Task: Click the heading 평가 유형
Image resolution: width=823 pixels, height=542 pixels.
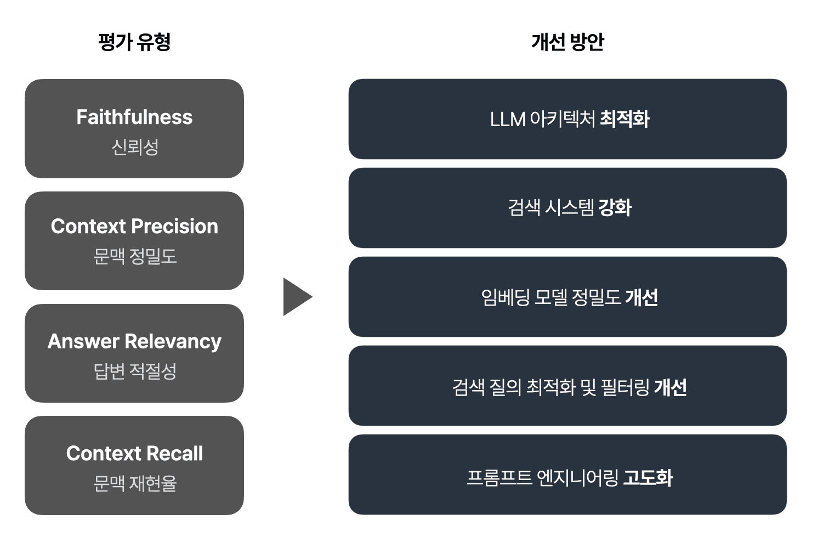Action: tap(134, 42)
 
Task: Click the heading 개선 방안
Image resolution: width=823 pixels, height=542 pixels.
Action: tap(567, 42)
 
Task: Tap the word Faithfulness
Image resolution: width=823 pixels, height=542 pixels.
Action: tap(134, 117)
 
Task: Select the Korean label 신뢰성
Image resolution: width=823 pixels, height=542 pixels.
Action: tap(134, 147)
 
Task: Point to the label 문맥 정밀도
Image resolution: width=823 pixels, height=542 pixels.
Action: tap(134, 256)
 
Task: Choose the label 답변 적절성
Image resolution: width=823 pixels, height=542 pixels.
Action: tap(134, 371)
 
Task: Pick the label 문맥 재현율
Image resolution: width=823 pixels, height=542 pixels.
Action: tap(134, 483)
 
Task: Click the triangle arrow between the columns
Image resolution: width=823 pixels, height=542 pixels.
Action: tap(296, 297)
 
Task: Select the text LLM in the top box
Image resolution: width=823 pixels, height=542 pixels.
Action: tap(507, 119)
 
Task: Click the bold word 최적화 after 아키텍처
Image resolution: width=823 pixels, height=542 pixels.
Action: tap(625, 119)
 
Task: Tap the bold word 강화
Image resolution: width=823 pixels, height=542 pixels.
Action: tap(615, 208)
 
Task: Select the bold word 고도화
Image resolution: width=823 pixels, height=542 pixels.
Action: tap(648, 477)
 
